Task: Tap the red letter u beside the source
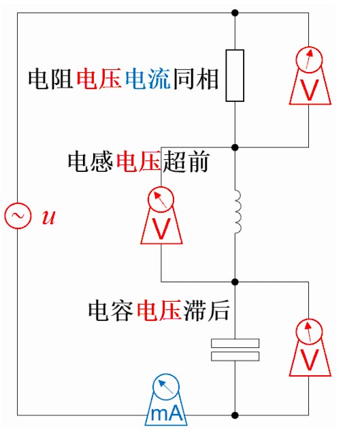(49, 217)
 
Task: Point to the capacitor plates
(235, 349)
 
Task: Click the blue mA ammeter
(166, 400)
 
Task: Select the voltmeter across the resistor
(310, 75)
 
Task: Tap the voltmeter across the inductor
(161, 215)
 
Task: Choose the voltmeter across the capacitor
(310, 347)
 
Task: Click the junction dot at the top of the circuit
(235, 13)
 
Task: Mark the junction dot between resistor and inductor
(235, 148)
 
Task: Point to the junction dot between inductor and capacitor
(235, 282)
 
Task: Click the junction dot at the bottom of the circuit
(235, 415)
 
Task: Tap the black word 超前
(186, 162)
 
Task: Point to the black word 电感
(91, 162)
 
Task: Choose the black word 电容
(111, 310)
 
